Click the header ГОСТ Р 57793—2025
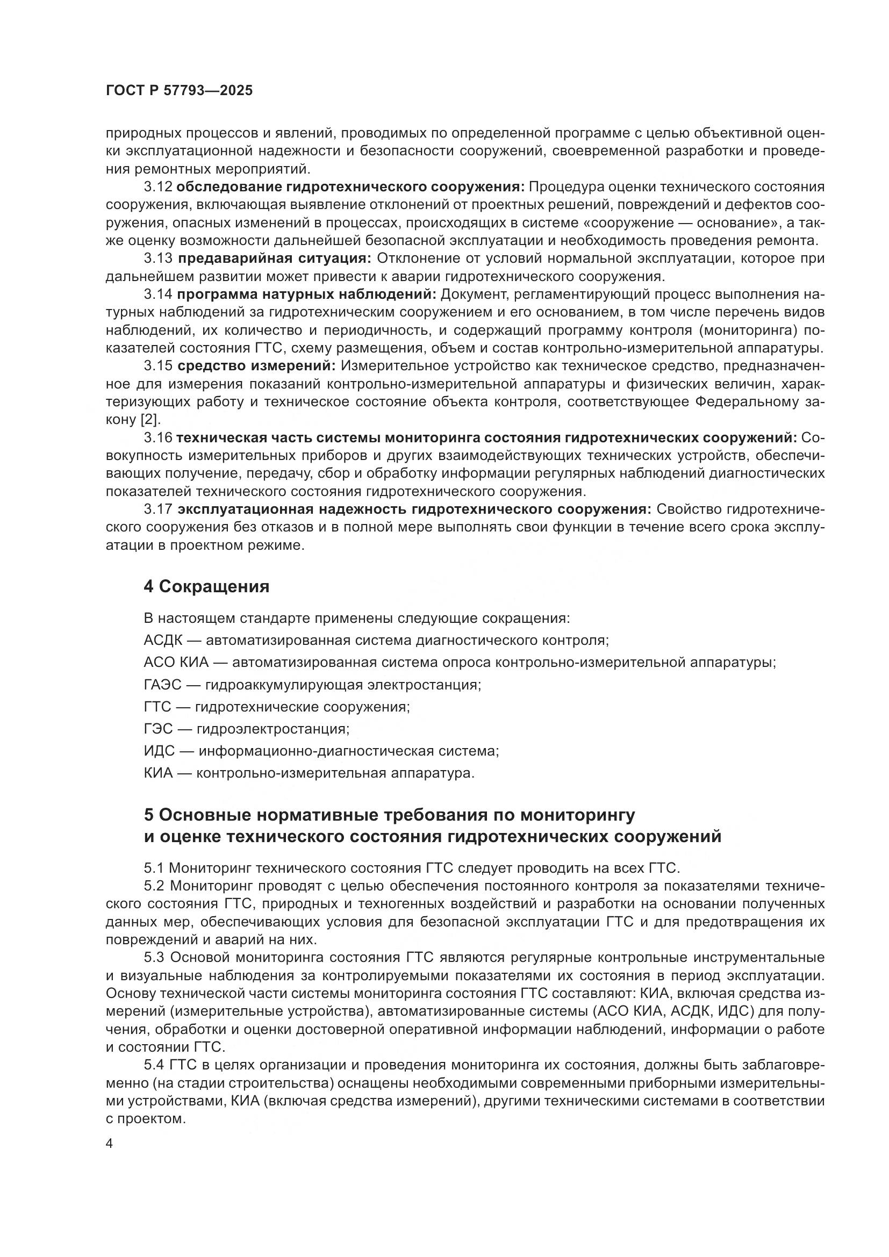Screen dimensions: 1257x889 point(179,91)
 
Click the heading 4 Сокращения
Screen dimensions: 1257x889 point(206,586)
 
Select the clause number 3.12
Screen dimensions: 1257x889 point(158,186)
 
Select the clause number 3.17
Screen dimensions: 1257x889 point(158,509)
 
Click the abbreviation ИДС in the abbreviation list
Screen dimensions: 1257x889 point(159,751)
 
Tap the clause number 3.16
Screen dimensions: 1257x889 point(158,437)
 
